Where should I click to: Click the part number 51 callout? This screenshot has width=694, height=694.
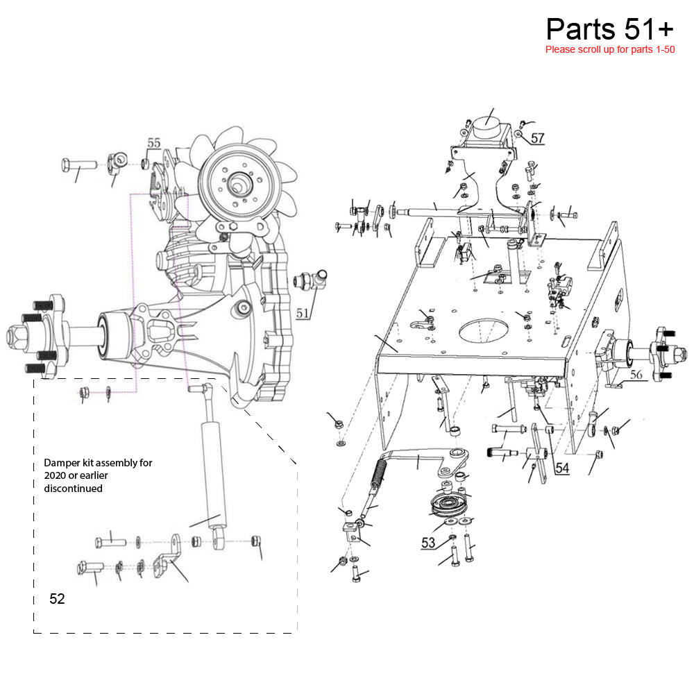pos(303,313)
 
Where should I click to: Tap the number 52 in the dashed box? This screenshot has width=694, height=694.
pos(57,598)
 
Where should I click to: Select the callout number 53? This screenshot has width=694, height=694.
pos(428,543)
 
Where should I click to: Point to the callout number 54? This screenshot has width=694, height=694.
pos(562,468)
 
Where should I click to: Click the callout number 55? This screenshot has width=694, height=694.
pos(153,143)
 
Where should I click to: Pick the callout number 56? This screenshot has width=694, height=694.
pos(636,375)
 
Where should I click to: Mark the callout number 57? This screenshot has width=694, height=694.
pos(537,138)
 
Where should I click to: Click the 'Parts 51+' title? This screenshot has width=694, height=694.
pos(609,29)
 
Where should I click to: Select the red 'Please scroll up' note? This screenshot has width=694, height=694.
pos(610,49)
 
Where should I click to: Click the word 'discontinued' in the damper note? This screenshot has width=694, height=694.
pos(73,488)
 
